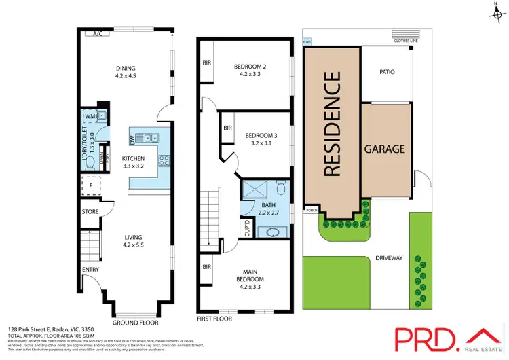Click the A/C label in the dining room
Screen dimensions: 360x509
97,33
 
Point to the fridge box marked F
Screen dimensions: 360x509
90,184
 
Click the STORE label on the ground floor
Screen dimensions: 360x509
90,212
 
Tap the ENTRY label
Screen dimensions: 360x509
90,270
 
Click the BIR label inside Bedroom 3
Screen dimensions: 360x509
228,128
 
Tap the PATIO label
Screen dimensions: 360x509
386,72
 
